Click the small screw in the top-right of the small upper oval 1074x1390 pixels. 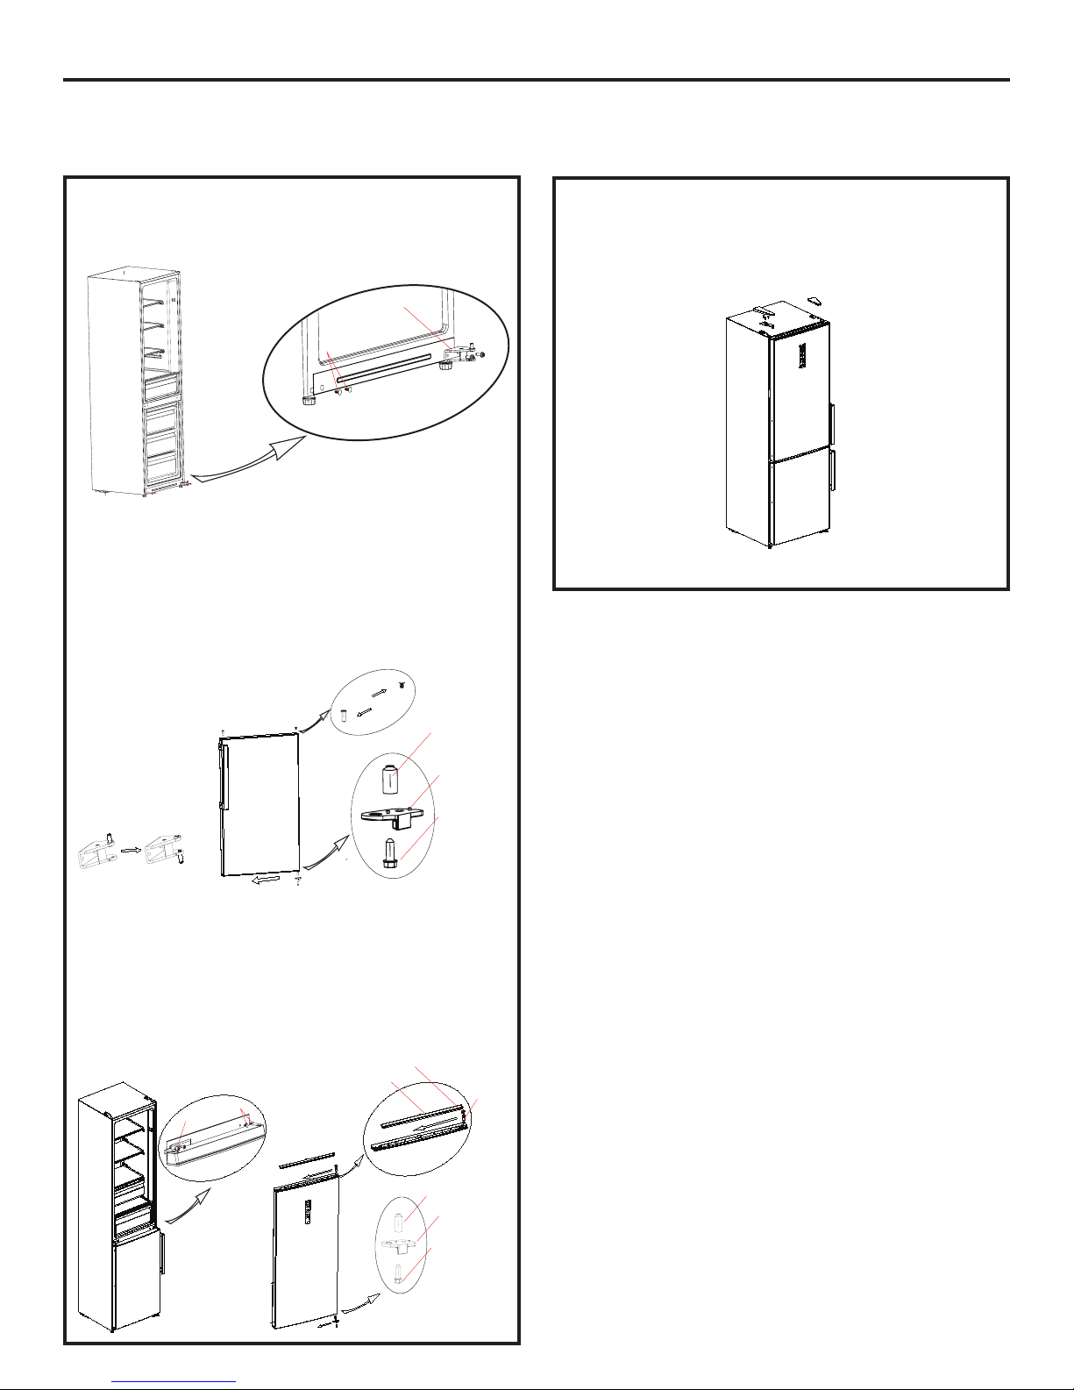(x=402, y=685)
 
